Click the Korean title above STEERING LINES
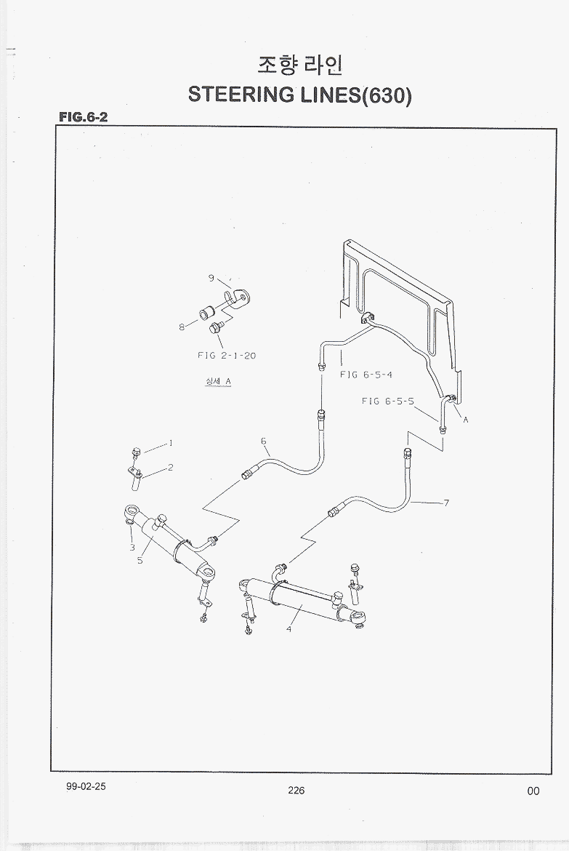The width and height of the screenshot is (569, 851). click(x=299, y=65)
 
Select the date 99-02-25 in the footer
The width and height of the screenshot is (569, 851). click(x=85, y=788)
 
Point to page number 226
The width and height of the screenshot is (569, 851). click(x=296, y=791)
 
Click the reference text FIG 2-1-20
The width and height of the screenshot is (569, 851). click(x=226, y=356)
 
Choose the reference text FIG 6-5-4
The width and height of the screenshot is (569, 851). click(x=367, y=375)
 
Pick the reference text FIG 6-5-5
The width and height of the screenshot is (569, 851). click(x=387, y=401)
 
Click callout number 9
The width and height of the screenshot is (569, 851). click(x=211, y=278)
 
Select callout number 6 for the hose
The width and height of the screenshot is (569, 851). click(x=264, y=441)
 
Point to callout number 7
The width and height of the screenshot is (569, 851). click(x=446, y=503)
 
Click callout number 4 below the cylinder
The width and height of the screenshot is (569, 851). click(x=288, y=628)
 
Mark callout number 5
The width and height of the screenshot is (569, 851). click(x=140, y=560)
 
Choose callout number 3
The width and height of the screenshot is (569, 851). click(x=132, y=547)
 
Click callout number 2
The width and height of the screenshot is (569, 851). click(x=170, y=468)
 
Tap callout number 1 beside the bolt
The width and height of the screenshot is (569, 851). click(x=171, y=442)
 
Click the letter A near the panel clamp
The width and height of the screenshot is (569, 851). click(x=465, y=419)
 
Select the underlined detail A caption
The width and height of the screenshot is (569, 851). click(x=218, y=381)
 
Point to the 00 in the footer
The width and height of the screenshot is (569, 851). click(x=533, y=791)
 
